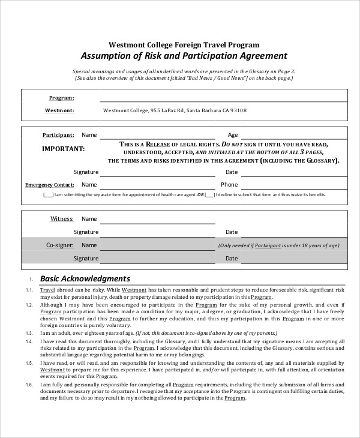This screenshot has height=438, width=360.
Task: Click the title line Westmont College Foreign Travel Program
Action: [184, 44]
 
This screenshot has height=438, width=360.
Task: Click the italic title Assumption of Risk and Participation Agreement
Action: [184, 56]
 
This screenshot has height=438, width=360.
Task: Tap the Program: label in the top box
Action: [61, 98]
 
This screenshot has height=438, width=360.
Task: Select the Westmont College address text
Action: [175, 110]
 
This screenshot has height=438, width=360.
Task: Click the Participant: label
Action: [58, 135]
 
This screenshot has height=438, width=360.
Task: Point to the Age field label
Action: [233, 135]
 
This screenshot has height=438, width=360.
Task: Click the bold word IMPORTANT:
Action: [64, 148]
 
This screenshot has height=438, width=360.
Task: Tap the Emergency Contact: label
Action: [50, 185]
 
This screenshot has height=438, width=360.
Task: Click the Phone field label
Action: [229, 185]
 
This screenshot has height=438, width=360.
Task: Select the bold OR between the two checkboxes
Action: [200, 195]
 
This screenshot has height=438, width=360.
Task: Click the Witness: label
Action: [61, 219]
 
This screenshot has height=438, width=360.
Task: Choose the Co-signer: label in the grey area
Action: [59, 245]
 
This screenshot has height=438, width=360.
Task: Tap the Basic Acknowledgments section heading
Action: [85, 278]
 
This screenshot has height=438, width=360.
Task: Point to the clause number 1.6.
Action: [29, 384]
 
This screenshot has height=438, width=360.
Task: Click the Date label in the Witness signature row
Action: [232, 232]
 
